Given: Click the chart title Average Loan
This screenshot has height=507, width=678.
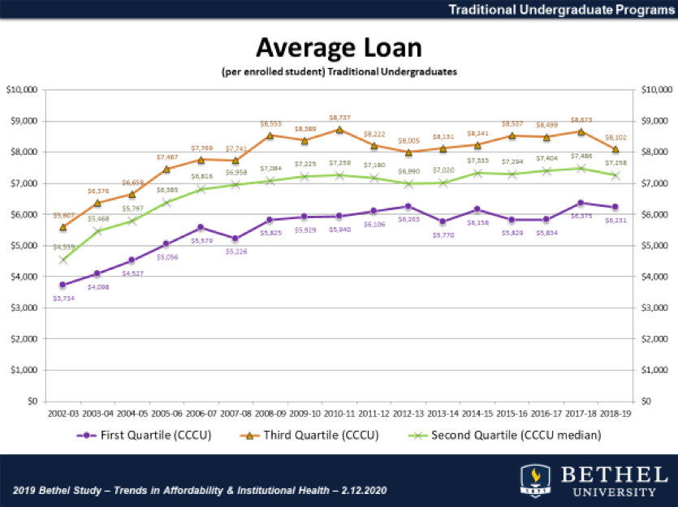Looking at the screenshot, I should [339, 47].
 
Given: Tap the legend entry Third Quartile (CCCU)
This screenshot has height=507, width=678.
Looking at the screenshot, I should [322, 436].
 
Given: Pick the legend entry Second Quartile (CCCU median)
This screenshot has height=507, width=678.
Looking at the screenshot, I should [516, 436].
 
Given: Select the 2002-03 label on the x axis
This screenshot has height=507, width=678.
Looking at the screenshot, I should [63, 414].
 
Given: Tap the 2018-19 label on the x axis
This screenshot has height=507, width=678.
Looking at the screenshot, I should [615, 414].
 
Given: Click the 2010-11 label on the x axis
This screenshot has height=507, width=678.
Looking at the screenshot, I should [339, 414].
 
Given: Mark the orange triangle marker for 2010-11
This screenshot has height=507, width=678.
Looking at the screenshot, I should [339, 129].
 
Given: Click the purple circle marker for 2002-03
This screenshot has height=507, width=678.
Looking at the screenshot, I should [63, 285].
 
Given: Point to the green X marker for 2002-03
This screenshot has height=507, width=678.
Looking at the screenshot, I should [63, 260].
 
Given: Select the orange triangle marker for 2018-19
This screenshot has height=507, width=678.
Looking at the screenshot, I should [615, 148].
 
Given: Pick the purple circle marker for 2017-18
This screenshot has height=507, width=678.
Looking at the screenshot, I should [581, 203].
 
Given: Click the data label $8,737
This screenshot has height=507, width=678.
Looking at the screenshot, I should [339, 118].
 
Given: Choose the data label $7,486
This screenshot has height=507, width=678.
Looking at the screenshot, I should [581, 157].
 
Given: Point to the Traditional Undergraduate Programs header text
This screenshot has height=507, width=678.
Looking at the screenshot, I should [560, 10].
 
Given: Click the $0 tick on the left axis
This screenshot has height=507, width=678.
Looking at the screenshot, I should [33, 401].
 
